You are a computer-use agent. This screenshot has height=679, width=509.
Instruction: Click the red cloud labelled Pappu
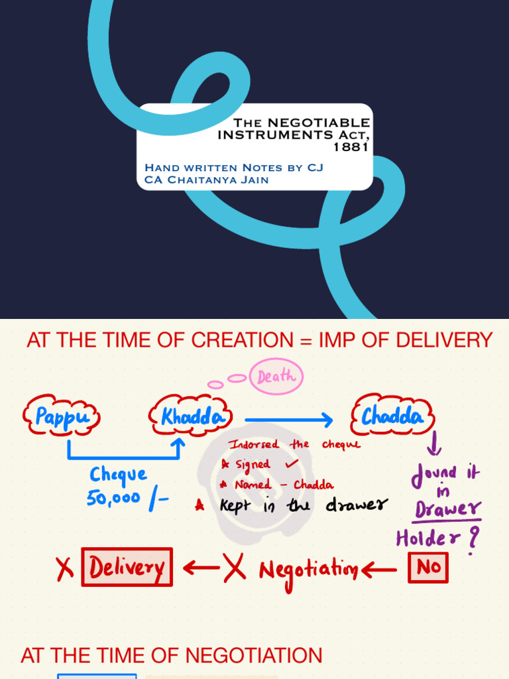tap(62, 417)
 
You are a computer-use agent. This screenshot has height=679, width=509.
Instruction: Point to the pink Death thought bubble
tap(276, 377)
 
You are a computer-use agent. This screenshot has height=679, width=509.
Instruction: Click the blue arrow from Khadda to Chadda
tap(288, 419)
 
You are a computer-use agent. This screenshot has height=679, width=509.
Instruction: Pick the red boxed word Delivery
tap(127, 567)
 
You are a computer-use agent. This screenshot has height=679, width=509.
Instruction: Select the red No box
tap(427, 568)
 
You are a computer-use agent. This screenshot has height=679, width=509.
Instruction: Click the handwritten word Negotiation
tap(308, 569)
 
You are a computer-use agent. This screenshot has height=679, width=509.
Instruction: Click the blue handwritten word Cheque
tap(118, 475)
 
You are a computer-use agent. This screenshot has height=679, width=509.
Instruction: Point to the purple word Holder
tap(429, 538)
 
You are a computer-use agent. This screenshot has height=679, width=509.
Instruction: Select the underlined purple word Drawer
tap(448, 509)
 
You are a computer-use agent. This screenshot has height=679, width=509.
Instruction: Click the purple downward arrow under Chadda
tap(435, 444)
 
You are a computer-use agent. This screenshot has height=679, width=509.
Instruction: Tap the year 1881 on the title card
tap(351, 147)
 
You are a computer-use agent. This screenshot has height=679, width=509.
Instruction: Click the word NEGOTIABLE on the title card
tap(318, 123)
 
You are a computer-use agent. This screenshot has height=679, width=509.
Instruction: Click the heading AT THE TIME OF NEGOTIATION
tap(172, 656)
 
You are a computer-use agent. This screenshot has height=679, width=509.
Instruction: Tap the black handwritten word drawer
tap(355, 506)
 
